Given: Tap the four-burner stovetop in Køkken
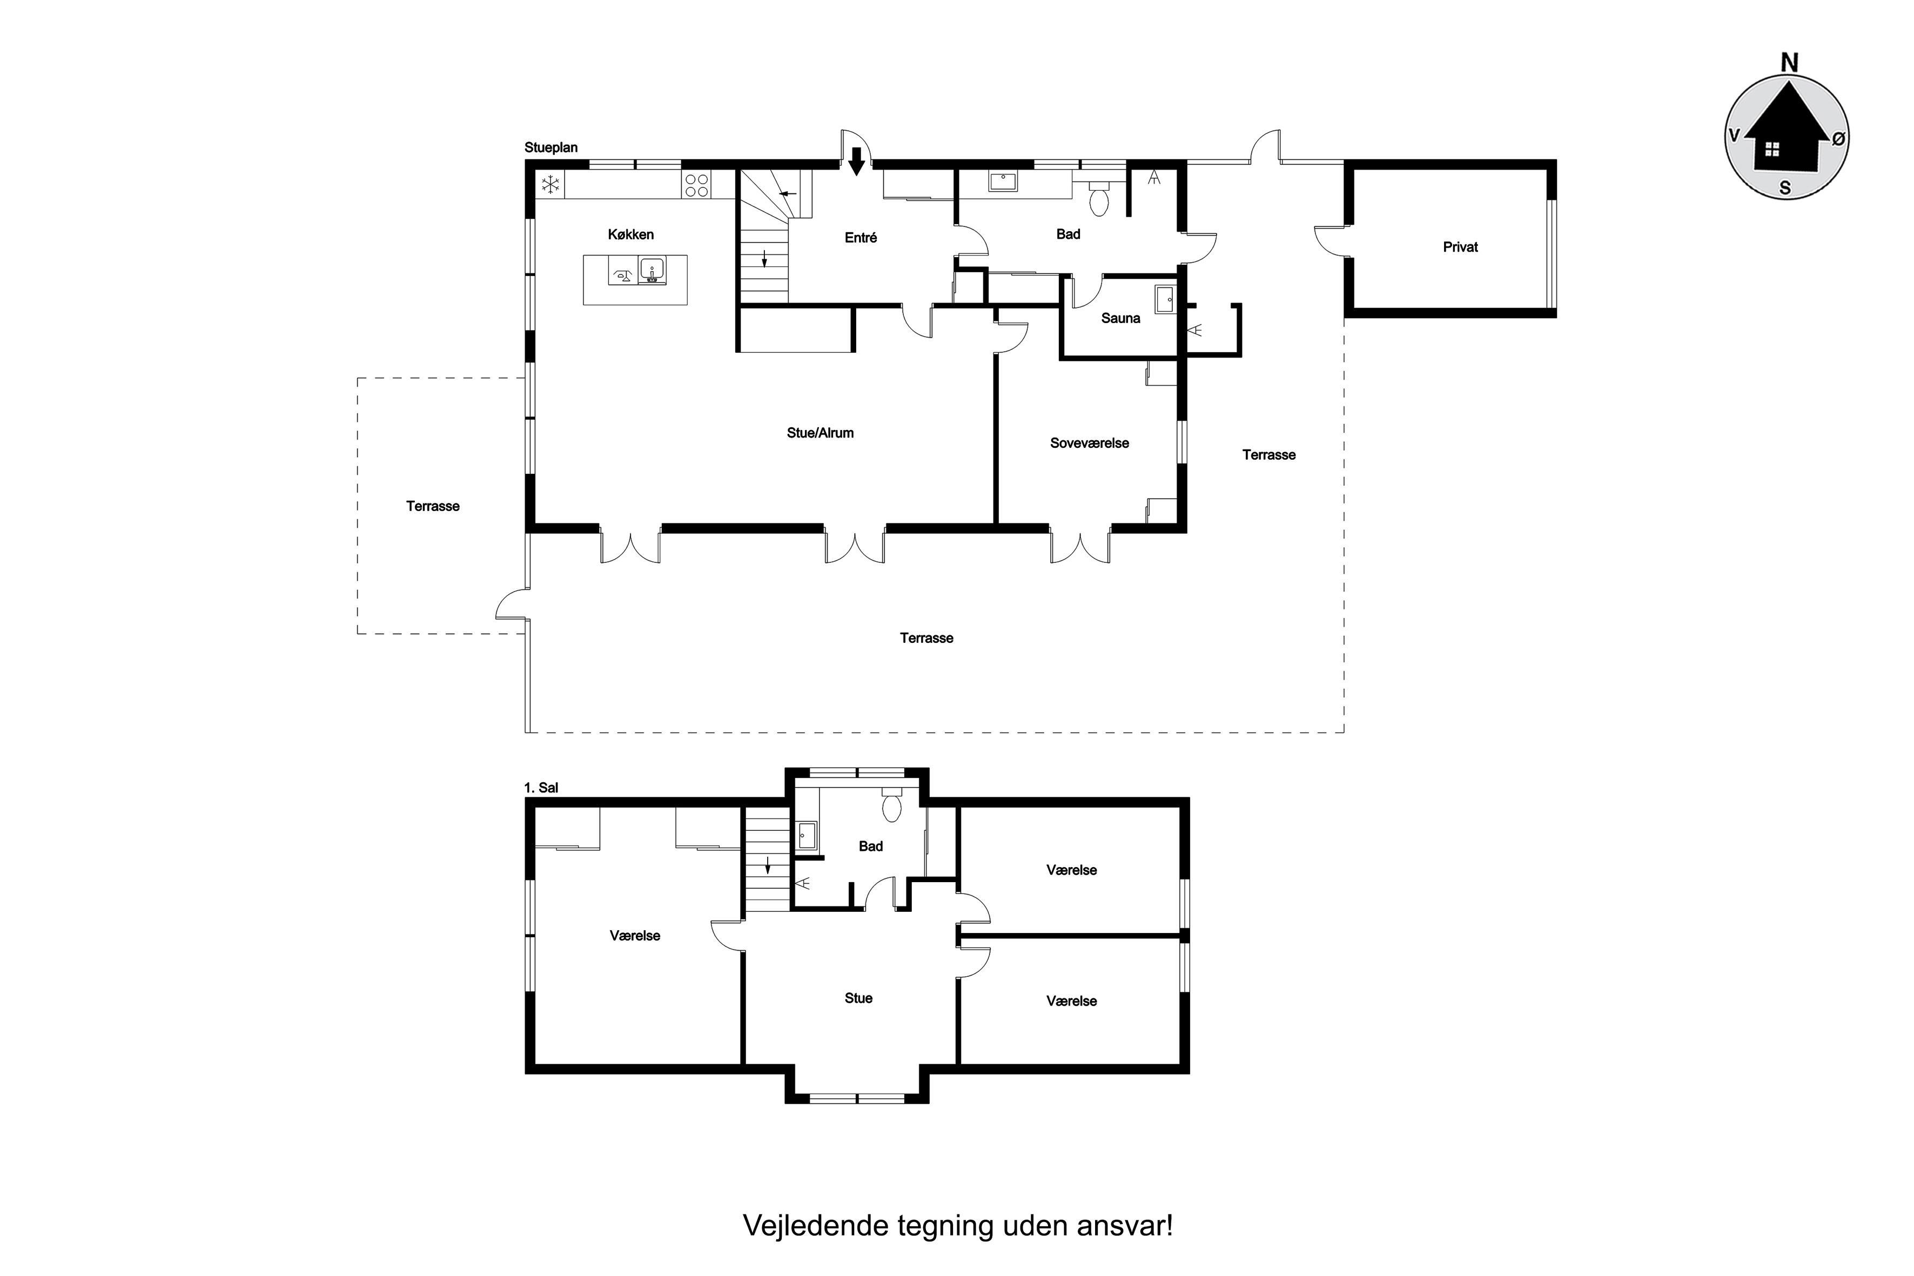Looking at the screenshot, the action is [696, 185].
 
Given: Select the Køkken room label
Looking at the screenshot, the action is [630, 234].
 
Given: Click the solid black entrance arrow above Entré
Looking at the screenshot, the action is [856, 161].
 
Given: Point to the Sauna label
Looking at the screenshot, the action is [1120, 318].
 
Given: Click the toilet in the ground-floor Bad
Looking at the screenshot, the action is [1099, 198].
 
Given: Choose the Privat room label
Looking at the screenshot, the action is [1460, 246].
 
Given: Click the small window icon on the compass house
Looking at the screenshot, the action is [1771, 149].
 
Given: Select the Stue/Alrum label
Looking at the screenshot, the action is [820, 433].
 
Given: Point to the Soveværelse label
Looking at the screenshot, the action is [1090, 444].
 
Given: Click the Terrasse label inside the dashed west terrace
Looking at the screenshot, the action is [433, 506].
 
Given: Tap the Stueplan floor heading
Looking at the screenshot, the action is [551, 147].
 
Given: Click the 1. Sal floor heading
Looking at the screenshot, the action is [541, 788].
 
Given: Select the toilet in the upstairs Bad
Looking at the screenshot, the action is [892, 804].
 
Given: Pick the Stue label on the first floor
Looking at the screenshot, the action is [858, 998].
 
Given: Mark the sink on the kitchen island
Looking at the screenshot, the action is [652, 270].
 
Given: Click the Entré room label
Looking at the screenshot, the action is [861, 238].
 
